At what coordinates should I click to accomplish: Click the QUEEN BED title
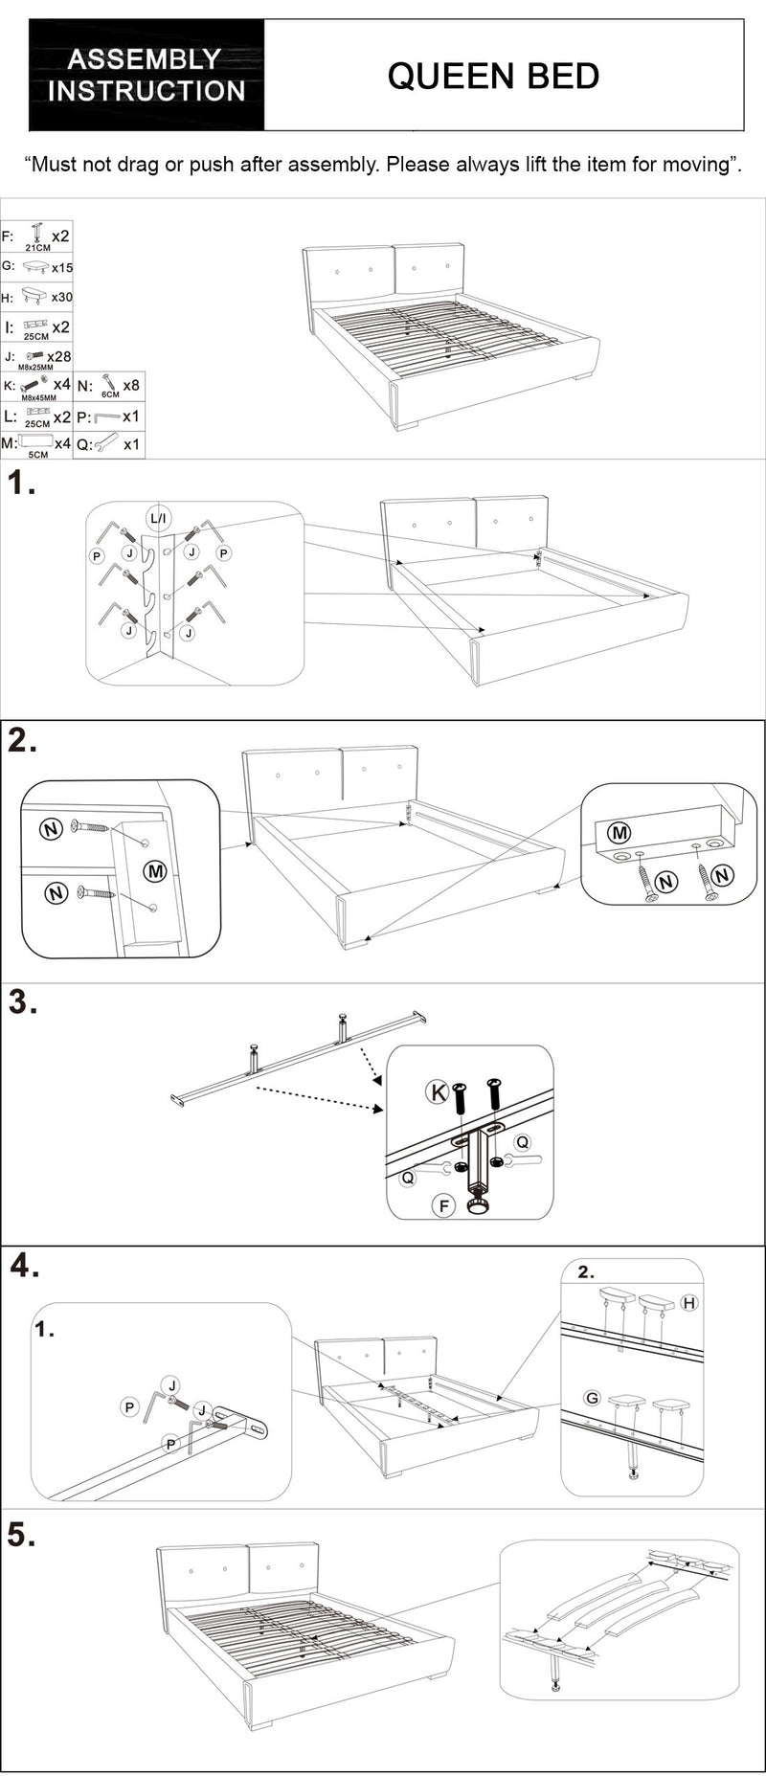(493, 76)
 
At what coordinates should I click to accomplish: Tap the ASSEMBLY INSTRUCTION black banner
(146, 75)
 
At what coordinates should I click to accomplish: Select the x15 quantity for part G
(62, 268)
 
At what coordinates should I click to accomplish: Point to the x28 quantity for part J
(59, 356)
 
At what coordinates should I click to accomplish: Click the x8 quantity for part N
(131, 385)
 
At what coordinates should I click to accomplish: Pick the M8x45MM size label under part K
(38, 397)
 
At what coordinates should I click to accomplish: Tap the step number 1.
(21, 484)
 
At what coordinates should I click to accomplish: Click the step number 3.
(22, 1002)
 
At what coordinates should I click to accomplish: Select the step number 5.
(21, 1535)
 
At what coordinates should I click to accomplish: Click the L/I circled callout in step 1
(158, 519)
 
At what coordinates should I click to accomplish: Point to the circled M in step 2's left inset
(154, 870)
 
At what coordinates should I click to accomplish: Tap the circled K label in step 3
(438, 1092)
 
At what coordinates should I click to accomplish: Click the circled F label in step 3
(443, 1205)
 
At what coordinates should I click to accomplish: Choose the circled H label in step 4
(688, 1303)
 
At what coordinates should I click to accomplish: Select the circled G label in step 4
(592, 1398)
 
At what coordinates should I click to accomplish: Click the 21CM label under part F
(38, 248)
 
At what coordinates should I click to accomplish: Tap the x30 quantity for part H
(62, 298)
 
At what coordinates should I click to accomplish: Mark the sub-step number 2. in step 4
(586, 1272)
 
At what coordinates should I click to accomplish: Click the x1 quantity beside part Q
(131, 444)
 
